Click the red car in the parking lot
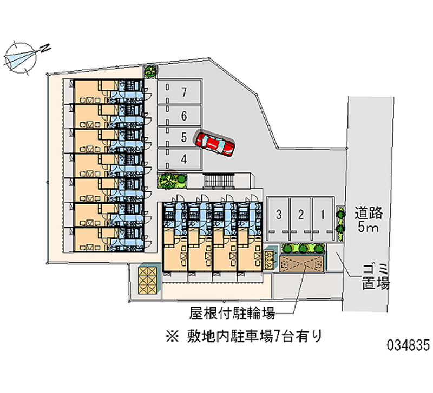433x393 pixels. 215,144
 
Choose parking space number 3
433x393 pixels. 278,214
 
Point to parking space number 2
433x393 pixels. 300,214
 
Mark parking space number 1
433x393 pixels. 323,214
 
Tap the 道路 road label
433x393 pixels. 369,212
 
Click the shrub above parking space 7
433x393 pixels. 150,70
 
